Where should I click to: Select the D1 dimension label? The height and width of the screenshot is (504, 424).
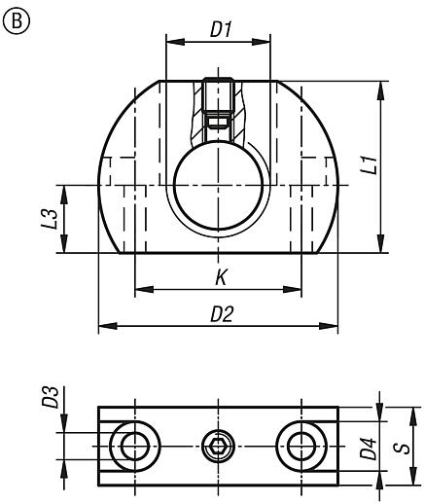(219, 28)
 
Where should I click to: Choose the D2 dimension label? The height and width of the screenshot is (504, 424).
(221, 315)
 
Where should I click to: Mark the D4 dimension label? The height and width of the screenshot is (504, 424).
(367, 449)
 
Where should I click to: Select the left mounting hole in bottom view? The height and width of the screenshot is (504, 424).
(131, 447)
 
